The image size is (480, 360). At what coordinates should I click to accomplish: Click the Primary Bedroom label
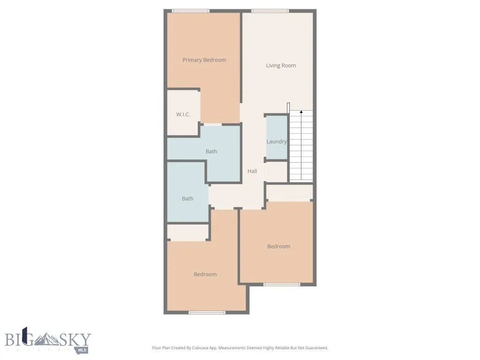tap(204, 60)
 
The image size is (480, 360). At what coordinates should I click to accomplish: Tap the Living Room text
tap(281, 66)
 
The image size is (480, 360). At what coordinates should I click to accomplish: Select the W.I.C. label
tap(183, 114)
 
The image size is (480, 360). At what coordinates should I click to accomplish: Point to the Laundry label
tap(277, 142)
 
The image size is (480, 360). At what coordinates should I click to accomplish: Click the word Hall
tap(252, 172)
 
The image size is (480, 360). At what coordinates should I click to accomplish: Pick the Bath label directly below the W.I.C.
tap(211, 151)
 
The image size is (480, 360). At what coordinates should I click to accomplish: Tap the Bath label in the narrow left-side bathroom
tap(187, 199)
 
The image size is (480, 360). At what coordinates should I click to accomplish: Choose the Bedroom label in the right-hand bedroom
tap(278, 247)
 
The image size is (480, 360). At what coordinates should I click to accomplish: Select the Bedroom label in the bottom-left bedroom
tap(205, 275)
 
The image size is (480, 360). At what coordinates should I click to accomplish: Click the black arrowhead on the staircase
tap(301, 112)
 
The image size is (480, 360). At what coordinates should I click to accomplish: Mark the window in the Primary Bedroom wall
tap(190, 11)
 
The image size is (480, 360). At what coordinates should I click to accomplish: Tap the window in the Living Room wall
tap(270, 11)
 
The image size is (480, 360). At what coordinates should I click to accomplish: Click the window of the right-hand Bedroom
tap(281, 285)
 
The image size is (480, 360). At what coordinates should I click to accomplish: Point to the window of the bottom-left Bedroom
tap(207, 312)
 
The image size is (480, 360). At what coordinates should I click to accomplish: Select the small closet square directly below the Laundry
tap(276, 172)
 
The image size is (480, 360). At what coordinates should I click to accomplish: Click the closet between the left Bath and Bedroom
tap(187, 232)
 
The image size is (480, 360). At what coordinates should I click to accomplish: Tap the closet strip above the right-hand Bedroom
tap(289, 192)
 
